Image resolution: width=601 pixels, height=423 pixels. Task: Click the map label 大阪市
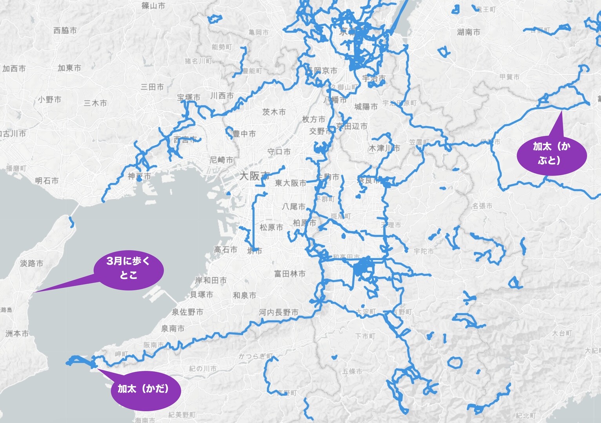coord(254,176)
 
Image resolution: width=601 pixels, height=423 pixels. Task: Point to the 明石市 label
coord(47,181)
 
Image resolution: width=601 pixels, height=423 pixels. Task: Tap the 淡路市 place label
coord(31,263)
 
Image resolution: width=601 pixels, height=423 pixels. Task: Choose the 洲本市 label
coord(17,334)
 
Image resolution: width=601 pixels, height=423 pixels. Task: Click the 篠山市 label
coord(153,6)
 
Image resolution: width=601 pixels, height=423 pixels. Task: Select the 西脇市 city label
coord(65,30)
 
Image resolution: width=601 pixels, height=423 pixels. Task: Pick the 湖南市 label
coord(468,32)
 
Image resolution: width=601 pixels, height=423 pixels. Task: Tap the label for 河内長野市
coord(279,312)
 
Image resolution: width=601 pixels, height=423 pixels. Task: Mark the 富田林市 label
coord(290,274)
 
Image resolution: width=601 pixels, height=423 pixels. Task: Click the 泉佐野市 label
coord(188,312)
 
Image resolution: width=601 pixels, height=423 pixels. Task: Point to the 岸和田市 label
coord(211,280)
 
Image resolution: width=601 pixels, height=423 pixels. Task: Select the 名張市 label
coord(482,206)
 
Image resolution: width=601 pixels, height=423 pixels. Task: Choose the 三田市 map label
coord(152,87)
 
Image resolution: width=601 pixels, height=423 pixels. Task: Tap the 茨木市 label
coord(274,112)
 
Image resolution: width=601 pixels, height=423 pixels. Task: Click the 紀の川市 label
coord(202,369)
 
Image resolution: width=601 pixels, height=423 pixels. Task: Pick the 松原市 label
coord(271,227)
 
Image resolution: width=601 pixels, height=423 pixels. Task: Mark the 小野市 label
coord(49,100)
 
